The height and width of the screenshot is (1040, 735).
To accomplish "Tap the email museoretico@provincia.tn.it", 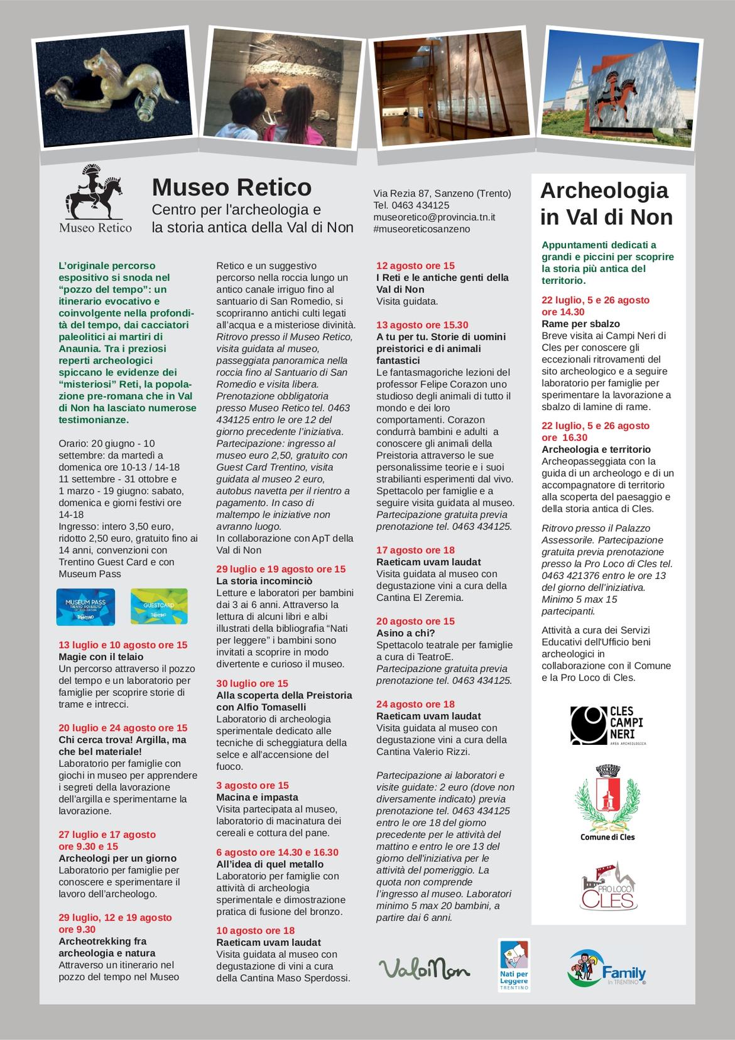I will click(434, 217).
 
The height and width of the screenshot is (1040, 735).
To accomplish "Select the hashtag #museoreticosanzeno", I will click(421, 229).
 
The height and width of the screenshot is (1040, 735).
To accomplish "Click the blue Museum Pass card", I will click(85, 607).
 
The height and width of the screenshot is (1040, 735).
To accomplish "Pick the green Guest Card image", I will click(159, 607).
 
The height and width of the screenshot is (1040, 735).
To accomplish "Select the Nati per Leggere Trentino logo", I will click(514, 965).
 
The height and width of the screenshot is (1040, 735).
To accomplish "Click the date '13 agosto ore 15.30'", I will click(422, 325).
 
